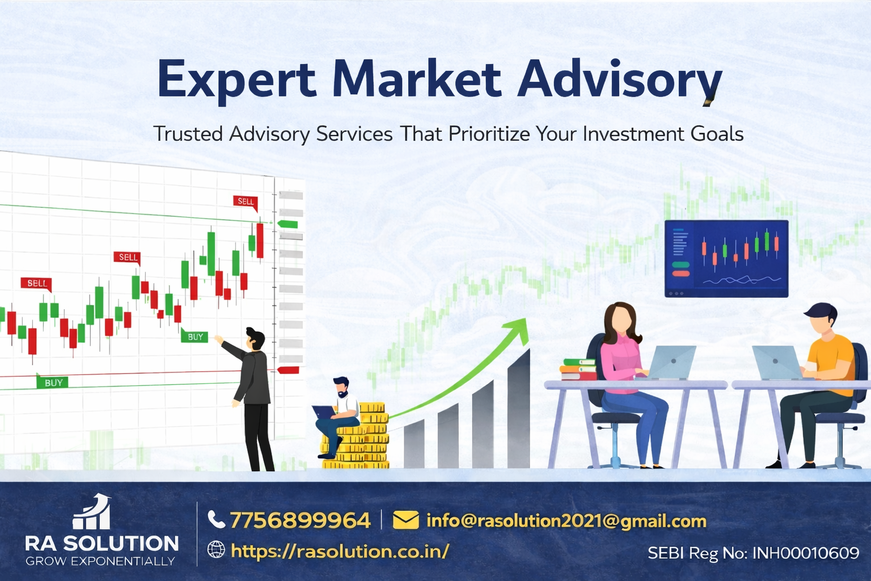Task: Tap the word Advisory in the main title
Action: tap(619, 82)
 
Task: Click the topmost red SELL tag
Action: tap(246, 201)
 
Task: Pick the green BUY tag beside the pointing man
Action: tap(195, 336)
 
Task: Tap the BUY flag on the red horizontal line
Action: tap(53, 382)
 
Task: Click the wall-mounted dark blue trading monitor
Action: tap(726, 259)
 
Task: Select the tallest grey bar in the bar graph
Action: tap(518, 409)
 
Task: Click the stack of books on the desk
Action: tap(578, 369)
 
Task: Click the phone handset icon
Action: tap(217, 520)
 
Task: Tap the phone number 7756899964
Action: tap(300, 520)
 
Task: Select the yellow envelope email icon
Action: tap(406, 520)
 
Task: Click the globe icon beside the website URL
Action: tap(216, 549)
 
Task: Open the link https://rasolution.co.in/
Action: tap(340, 551)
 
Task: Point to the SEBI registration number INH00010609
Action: tap(806, 553)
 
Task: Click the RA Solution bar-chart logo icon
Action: tap(92, 512)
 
